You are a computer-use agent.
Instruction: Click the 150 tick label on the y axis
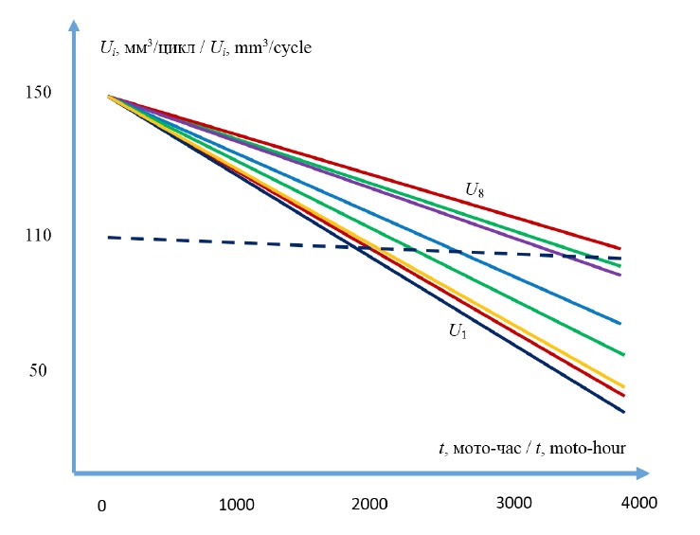(39, 93)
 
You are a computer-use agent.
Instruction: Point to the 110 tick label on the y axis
(39, 237)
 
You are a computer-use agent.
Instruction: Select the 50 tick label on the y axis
(37, 371)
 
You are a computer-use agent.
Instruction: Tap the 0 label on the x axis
(101, 507)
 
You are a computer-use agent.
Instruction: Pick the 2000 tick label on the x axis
(370, 503)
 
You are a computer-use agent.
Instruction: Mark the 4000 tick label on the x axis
(638, 503)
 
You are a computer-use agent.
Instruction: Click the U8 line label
(476, 191)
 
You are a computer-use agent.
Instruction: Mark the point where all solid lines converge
(110, 97)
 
